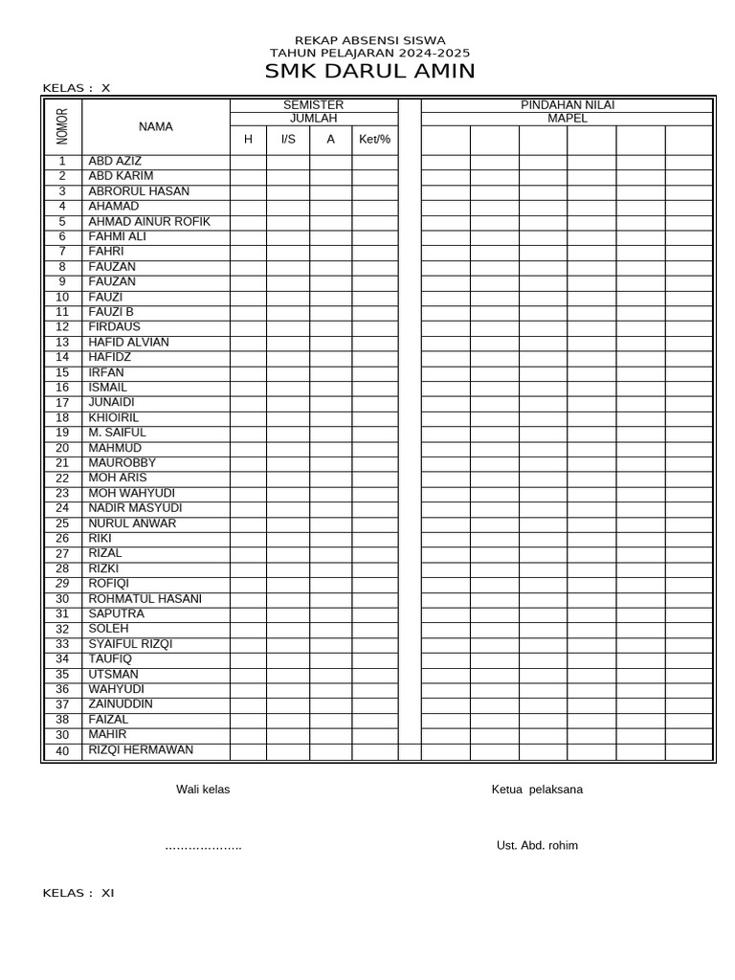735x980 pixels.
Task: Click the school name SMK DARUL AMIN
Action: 369,72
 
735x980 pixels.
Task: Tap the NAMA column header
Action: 156,126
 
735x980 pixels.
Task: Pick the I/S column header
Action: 288,140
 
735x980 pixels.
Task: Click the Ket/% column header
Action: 374,140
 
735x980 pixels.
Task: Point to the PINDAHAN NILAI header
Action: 568,105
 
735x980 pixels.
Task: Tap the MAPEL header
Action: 568,119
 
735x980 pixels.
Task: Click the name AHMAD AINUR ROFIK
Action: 149,222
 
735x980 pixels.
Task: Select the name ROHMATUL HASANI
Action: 145,599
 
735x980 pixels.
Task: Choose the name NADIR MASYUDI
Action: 135,508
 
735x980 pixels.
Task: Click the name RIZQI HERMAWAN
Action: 141,750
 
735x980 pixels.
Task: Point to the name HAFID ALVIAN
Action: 128,343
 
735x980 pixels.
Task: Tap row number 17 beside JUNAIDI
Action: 62,403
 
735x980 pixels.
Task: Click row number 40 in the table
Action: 62,751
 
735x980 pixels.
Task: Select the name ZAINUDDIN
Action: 121,704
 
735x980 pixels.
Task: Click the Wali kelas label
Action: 203,790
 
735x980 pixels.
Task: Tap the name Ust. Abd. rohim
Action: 537,846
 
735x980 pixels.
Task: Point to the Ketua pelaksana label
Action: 537,790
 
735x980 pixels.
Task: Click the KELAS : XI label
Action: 78,894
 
